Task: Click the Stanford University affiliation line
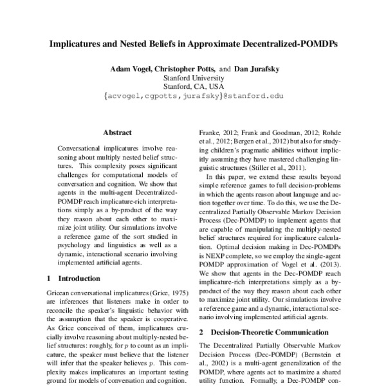194,80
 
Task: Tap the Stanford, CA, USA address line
194,90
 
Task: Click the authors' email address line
194,100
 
